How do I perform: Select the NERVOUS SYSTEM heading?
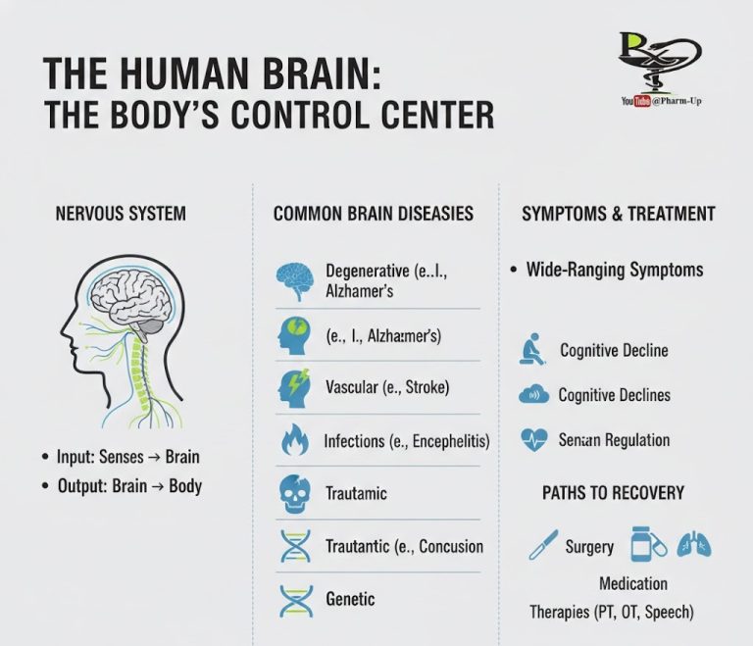[122, 213]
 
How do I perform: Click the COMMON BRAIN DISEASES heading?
[374, 214]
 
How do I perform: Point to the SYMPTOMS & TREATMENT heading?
[619, 214]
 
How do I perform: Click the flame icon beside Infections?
[294, 442]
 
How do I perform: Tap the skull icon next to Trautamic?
[294, 495]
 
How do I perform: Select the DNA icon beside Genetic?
[294, 599]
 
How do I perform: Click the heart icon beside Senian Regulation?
[533, 439]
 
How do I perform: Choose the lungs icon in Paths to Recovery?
[695, 544]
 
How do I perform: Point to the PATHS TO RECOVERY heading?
[614, 492]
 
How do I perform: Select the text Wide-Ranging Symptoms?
[615, 270]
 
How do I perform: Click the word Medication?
[633, 583]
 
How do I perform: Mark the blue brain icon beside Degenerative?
[294, 279]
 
